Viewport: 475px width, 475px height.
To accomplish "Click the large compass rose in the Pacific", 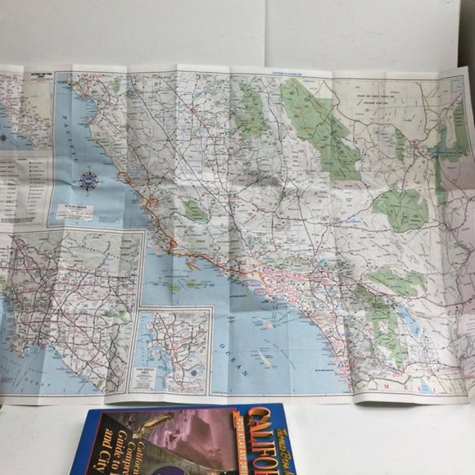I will (x=88, y=181).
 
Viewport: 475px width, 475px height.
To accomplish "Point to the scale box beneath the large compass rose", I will (x=73, y=211).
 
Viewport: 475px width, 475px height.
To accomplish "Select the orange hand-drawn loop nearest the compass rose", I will (x=125, y=175).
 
